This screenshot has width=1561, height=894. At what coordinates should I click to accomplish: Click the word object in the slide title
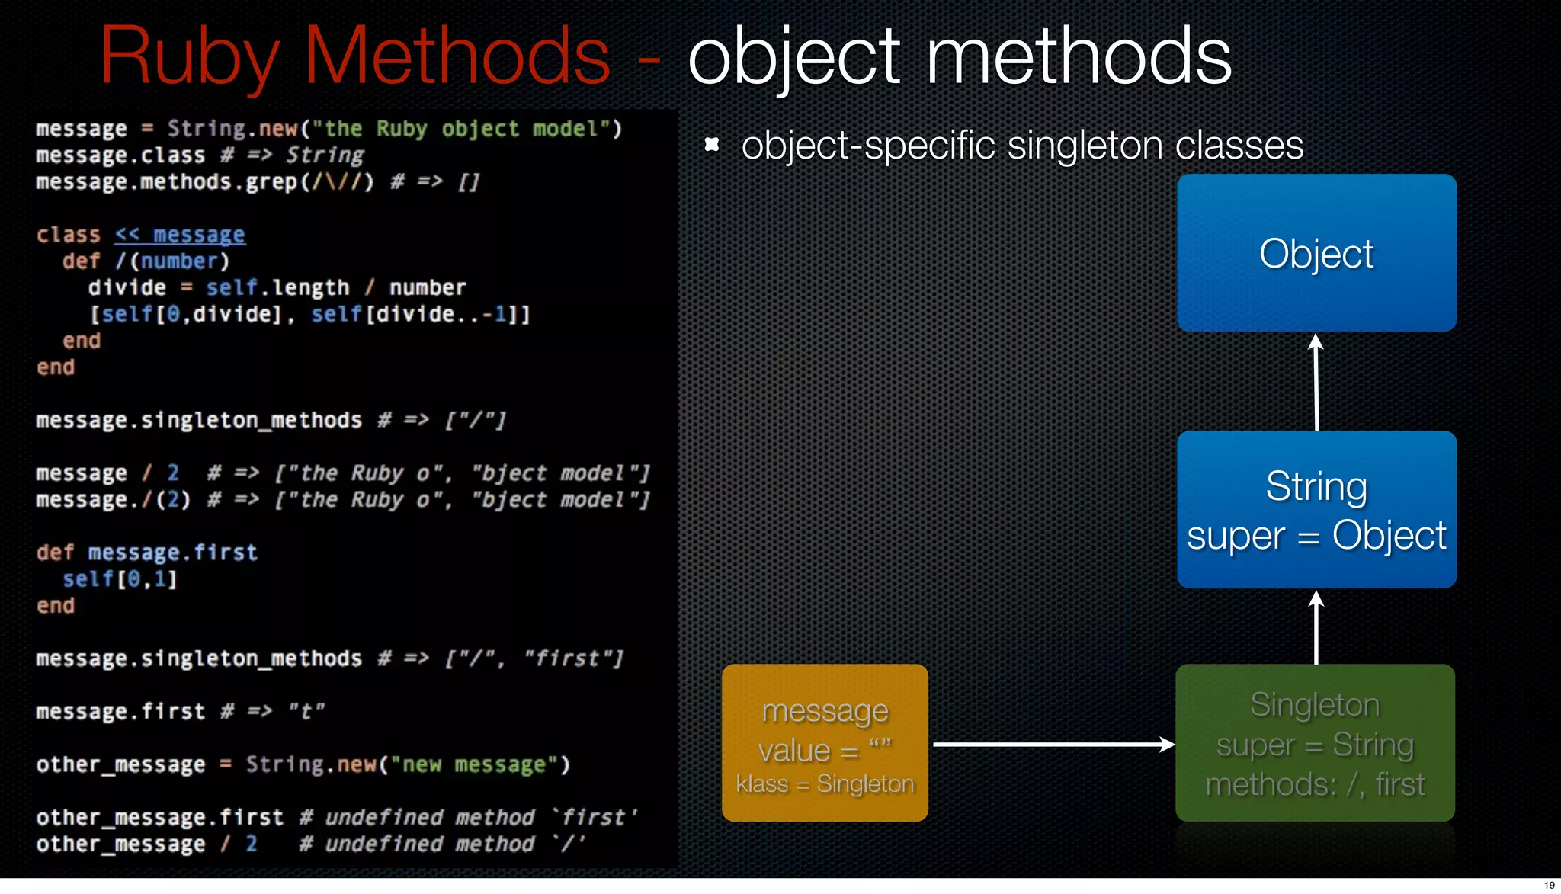[x=794, y=57]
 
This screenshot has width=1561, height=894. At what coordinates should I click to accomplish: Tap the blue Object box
[x=1316, y=253]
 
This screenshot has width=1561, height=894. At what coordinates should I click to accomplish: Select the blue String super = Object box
[x=1316, y=509]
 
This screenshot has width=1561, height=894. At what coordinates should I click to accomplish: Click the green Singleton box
[x=1315, y=742]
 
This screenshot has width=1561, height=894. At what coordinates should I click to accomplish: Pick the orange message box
[x=825, y=742]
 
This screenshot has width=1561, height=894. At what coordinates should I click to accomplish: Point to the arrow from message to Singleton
[x=1052, y=745]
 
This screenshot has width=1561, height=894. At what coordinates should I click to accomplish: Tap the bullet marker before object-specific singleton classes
[x=712, y=144]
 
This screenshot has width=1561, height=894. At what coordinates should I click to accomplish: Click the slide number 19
[x=1549, y=885]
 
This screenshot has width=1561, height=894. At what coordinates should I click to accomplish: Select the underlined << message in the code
[x=180, y=235]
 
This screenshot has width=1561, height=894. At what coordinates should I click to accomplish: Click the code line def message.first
[x=147, y=553]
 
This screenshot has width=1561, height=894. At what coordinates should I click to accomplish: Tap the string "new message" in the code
[x=474, y=764]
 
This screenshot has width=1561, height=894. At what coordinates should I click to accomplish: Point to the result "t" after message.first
[x=306, y=711]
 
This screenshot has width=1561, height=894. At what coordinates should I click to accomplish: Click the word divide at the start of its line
[x=127, y=287]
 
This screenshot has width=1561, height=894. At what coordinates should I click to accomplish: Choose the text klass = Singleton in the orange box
[x=825, y=783]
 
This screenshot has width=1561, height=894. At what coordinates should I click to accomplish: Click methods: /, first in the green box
[x=1315, y=784]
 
